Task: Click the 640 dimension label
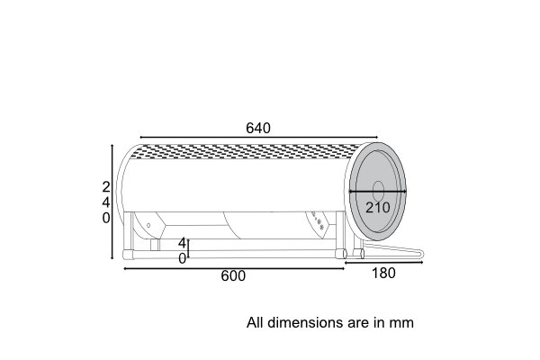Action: (258, 128)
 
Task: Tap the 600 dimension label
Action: (233, 276)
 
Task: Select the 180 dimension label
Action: (383, 274)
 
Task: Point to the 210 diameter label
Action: (378, 207)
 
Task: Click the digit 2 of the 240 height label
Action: (106, 187)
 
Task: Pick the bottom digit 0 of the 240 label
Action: (106, 218)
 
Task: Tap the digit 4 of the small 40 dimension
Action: (182, 243)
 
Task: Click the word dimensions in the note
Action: (305, 322)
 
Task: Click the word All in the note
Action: (256, 322)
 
